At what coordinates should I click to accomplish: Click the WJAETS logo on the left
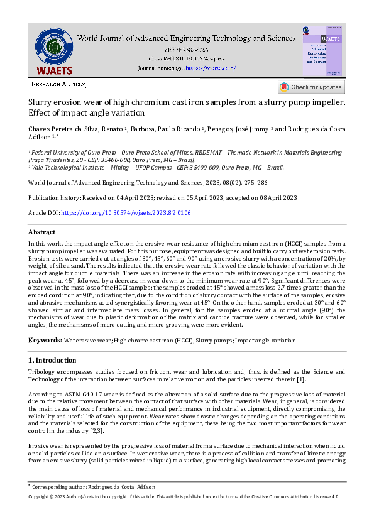coord(53,52)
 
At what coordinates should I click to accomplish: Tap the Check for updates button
coord(311,87)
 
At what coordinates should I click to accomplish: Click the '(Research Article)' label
coord(58,84)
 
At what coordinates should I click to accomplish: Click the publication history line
coord(163,198)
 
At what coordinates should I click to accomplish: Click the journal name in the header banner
coord(186,38)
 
